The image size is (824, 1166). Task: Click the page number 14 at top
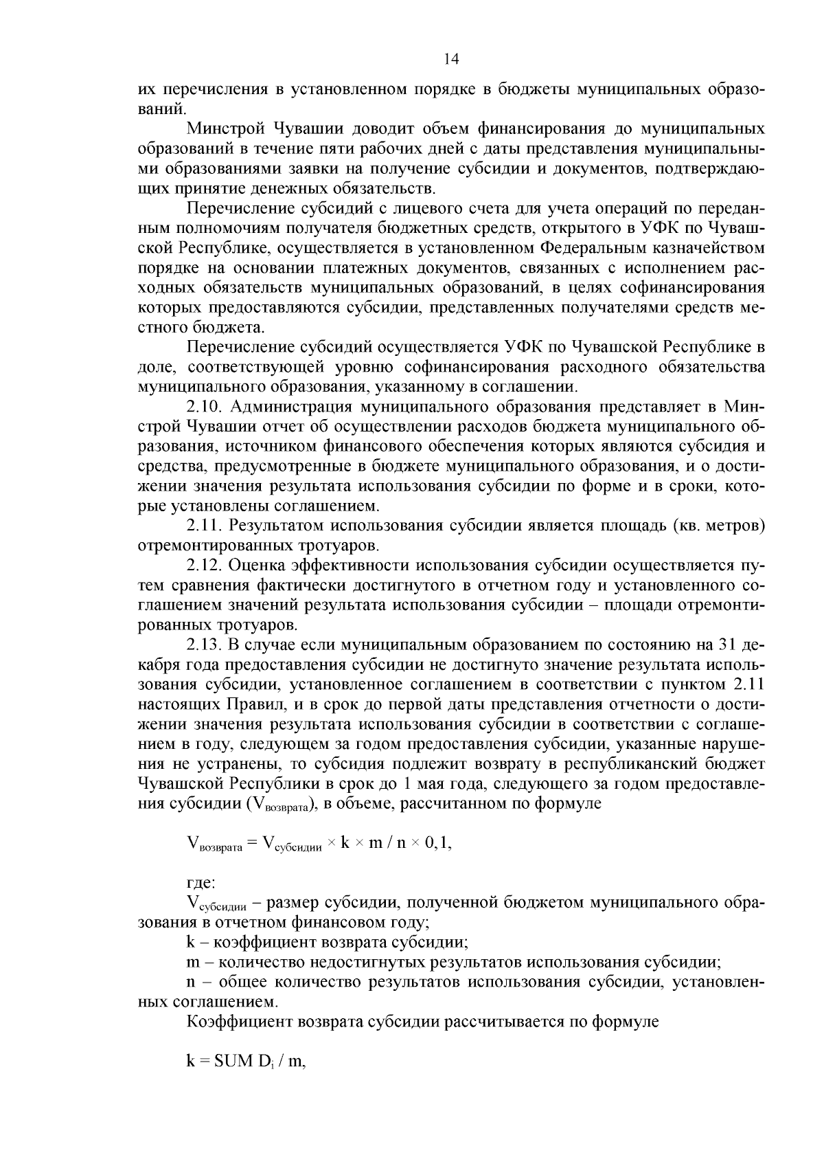point(451,59)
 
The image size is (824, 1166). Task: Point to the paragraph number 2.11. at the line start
point(205,527)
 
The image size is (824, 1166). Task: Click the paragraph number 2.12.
point(205,566)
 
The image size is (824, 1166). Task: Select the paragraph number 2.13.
point(205,645)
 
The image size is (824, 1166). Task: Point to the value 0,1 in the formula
point(437,844)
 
